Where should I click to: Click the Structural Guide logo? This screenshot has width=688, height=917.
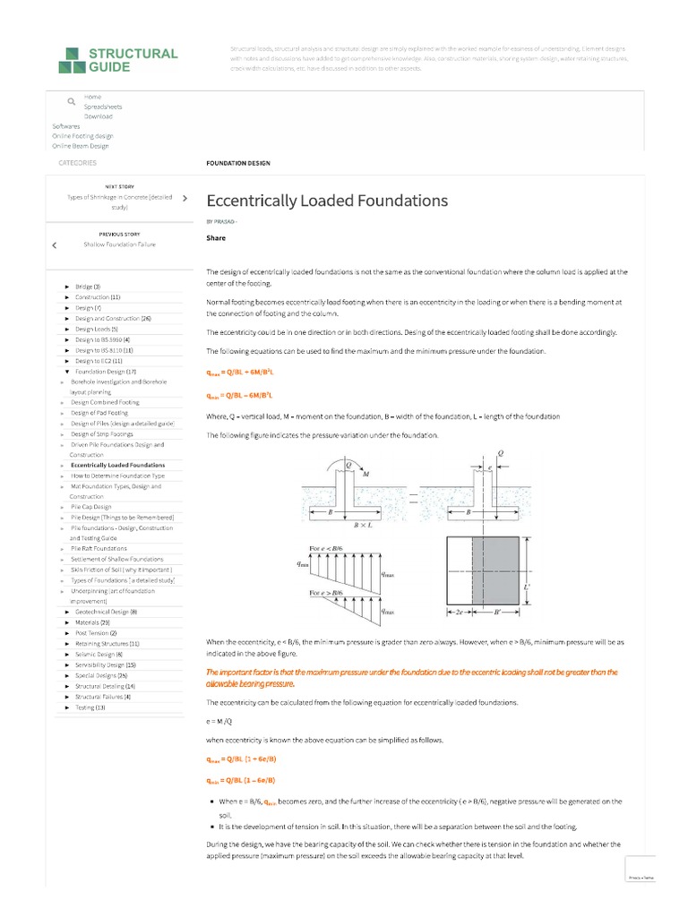117,60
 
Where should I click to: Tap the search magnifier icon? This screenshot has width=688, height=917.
71,102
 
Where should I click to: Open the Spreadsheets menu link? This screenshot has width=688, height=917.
103,107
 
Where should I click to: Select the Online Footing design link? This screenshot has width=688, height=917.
82,136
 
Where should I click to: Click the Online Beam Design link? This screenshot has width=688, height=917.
80,146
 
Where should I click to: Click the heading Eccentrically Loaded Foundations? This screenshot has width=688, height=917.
327,200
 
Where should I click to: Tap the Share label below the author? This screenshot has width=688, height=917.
216,238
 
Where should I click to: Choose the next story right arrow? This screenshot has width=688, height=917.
184,197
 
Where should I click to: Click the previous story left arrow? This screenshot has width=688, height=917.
55,244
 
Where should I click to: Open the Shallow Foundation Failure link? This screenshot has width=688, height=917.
119,244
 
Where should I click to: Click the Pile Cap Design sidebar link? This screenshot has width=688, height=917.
91,507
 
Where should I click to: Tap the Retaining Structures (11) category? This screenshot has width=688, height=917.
107,644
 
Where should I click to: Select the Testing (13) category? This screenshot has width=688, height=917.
90,707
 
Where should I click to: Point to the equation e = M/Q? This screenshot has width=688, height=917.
219,720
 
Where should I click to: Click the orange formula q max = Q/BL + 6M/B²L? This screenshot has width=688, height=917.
240,372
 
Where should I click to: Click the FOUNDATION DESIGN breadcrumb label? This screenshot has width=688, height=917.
238,163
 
